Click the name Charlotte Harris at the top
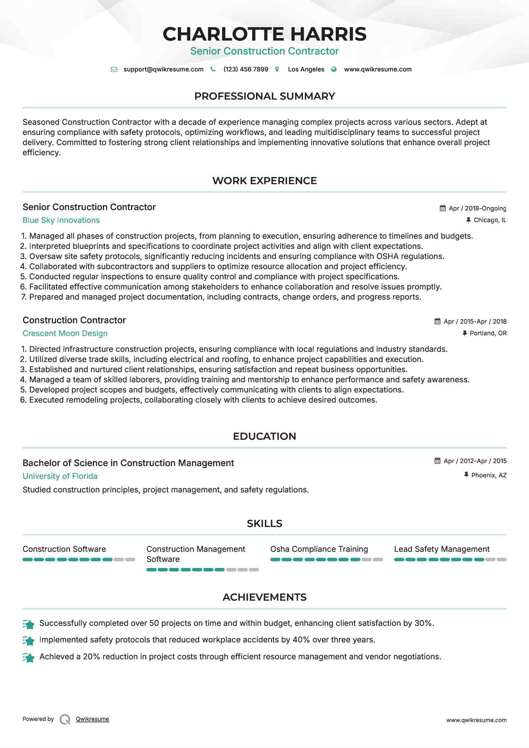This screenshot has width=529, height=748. tap(264, 34)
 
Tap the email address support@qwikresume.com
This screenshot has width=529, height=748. tap(163, 69)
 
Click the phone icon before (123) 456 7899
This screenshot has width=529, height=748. tap(213, 69)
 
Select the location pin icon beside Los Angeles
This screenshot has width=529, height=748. tap(277, 69)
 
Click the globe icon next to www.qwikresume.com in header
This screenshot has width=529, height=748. tap(334, 69)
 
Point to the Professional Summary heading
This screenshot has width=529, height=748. tap(264, 96)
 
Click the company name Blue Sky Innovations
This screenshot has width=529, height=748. tap(61, 220)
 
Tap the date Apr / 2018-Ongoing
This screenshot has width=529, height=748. tap(477, 208)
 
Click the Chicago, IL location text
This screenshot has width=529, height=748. tap(490, 220)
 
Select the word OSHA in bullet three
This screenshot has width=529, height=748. tap(387, 256)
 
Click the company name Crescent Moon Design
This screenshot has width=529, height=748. tap(65, 333)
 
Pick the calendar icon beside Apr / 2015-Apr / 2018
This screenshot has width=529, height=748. tap(437, 321)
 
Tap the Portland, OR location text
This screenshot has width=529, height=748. tap(488, 333)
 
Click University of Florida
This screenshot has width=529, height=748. tap(60, 476)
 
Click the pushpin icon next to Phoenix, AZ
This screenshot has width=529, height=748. tap(466, 475)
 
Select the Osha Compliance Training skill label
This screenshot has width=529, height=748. tap(319, 549)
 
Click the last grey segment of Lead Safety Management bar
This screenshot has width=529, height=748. tap(502, 560)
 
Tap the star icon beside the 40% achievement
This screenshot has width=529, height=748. tap(29, 640)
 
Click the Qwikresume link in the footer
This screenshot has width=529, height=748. tap(92, 719)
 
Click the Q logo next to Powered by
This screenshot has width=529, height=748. tap(65, 719)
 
